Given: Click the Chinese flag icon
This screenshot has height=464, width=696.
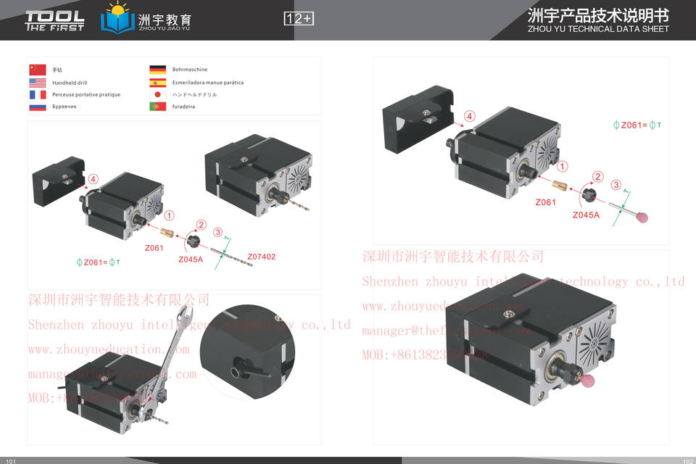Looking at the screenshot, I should pyautogui.click(x=38, y=70).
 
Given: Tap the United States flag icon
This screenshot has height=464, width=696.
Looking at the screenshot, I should pyautogui.click(x=38, y=83).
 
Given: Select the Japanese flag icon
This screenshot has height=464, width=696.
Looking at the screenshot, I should pyautogui.click(x=157, y=95).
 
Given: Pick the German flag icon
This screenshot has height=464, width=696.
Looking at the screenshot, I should pyautogui.click(x=157, y=70).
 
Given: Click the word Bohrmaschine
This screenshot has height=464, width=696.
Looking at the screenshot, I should pyautogui.click(x=190, y=70).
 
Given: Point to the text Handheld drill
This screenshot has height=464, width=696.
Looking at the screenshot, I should pyautogui.click(x=70, y=83).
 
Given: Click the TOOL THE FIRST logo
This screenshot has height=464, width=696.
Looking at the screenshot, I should pyautogui.click(x=54, y=20).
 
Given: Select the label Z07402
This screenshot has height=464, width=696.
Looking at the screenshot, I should pyautogui.click(x=261, y=257).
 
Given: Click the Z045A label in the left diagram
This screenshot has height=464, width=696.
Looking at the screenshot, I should pyautogui.click(x=191, y=259).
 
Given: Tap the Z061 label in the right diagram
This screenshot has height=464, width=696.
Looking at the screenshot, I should pyautogui.click(x=545, y=202).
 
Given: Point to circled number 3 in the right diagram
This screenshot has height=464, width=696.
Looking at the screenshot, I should pyautogui.click(x=616, y=186).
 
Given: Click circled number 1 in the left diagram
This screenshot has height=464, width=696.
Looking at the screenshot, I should pyautogui.click(x=169, y=215).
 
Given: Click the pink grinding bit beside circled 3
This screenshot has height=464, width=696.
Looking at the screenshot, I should pyautogui.click(x=642, y=217).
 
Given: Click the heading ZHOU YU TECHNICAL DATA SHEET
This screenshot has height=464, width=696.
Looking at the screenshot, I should pyautogui.click(x=598, y=30).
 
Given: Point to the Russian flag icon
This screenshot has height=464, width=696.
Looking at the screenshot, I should pyautogui.click(x=38, y=107).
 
